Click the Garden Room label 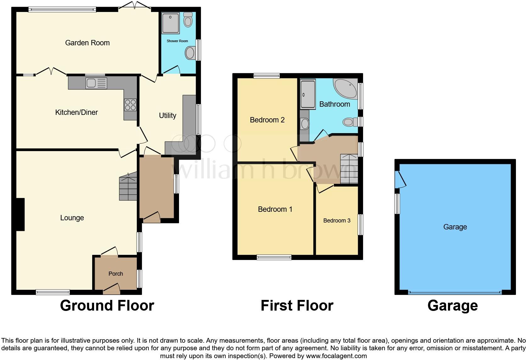[x=87, y=43]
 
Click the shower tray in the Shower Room [x=170, y=23]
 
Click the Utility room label [x=167, y=115]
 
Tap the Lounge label [x=72, y=218]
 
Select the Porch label [x=115, y=274]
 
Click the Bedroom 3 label [x=337, y=221]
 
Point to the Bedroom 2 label [x=267, y=120]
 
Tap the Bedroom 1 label [x=275, y=209]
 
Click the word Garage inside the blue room [x=455, y=227]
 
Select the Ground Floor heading [x=107, y=306]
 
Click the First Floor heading [x=297, y=306]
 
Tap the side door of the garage [x=400, y=180]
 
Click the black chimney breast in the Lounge [x=20, y=214]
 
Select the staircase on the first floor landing [x=349, y=169]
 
